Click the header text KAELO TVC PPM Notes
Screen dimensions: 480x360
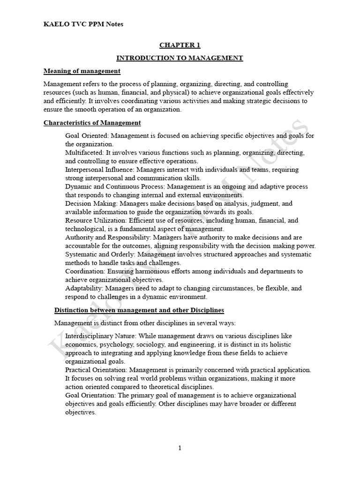coord(83,24)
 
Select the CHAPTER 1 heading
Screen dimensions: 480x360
coord(180,45)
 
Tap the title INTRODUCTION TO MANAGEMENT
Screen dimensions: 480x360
coord(180,58)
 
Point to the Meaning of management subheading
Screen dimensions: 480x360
coord(82,71)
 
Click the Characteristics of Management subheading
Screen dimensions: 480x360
coord(92,123)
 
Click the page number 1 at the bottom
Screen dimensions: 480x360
coord(180,448)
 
